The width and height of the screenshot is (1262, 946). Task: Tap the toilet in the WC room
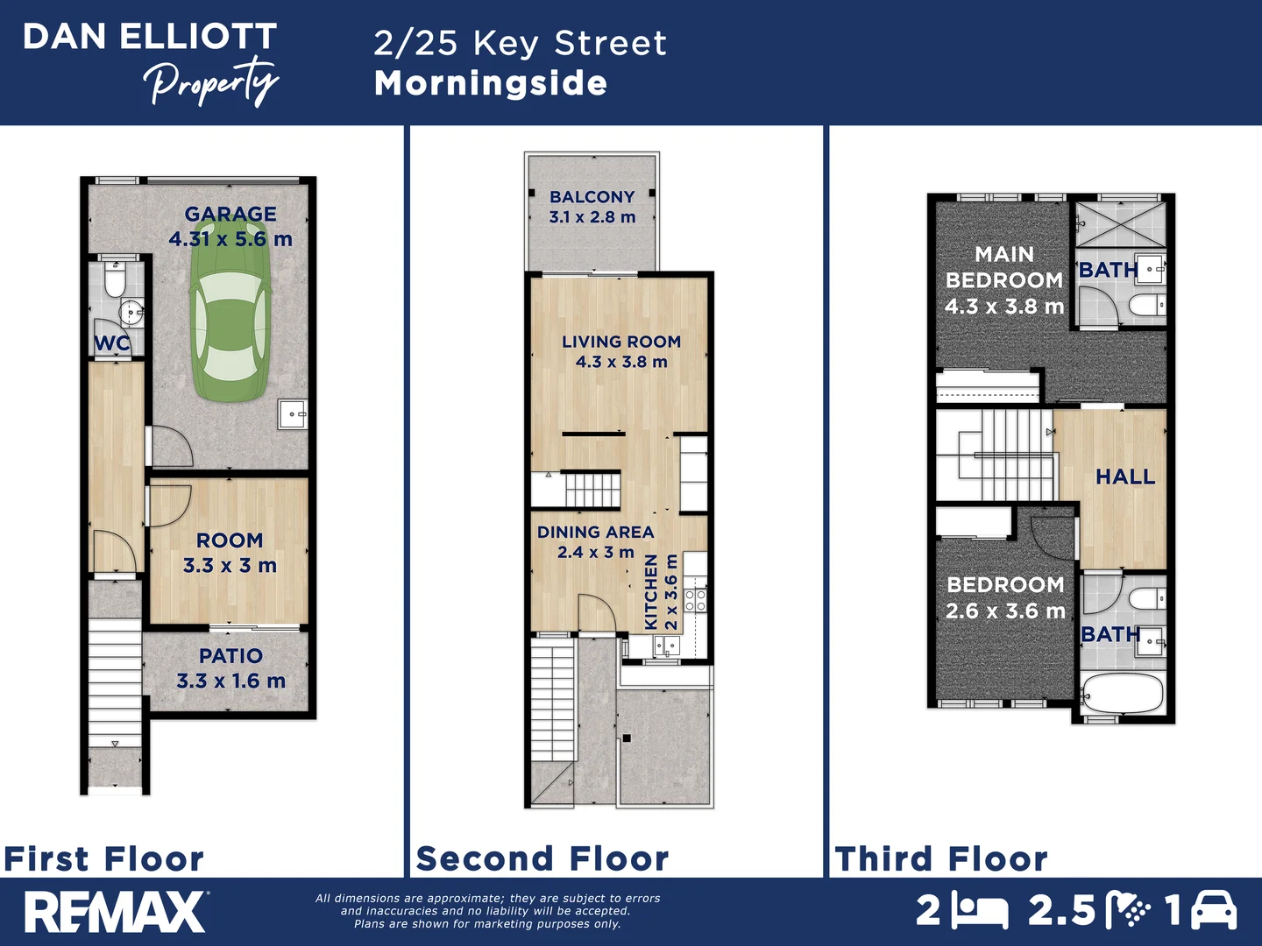[115, 280]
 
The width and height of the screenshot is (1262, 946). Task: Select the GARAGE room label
[230, 215]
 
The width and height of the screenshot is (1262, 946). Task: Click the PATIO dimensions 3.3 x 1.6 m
[231, 681]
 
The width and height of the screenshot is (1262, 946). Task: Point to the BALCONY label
[592, 197]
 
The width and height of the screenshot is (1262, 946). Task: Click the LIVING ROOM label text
[621, 342]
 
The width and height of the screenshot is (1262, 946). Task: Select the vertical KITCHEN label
[651, 591]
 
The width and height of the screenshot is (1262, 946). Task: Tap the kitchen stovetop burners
[695, 600]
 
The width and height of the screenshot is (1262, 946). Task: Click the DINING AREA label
[596, 532]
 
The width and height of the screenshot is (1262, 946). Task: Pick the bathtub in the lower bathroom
[1122, 695]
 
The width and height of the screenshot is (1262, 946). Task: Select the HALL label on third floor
[1125, 477]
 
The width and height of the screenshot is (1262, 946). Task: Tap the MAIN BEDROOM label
[1004, 267]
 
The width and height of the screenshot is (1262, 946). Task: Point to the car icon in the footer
[1214, 910]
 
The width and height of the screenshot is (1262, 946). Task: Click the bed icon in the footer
[980, 911]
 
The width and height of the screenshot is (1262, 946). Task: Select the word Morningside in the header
[491, 83]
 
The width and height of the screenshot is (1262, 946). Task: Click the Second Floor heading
[542, 858]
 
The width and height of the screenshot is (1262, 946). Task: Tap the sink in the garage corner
[292, 413]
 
